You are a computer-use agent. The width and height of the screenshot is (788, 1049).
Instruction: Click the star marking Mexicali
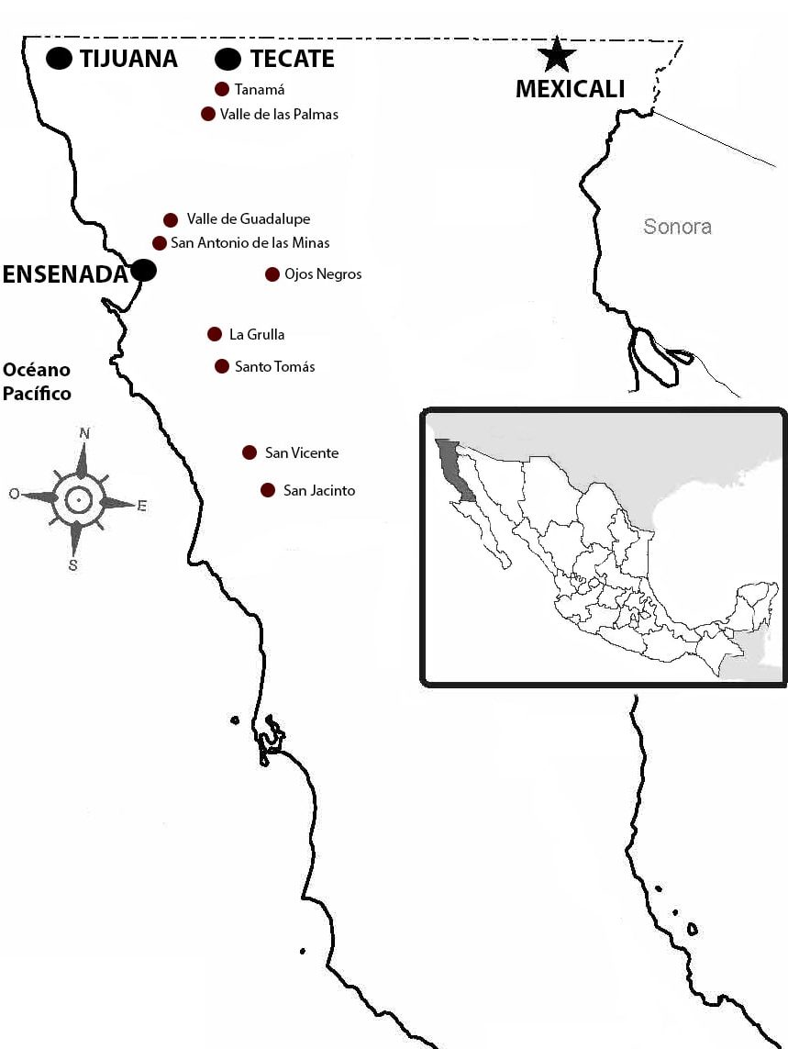[x=556, y=55]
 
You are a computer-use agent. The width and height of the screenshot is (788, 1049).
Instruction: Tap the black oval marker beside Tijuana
[x=60, y=59]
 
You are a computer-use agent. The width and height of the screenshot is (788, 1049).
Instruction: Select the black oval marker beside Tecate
[x=228, y=60]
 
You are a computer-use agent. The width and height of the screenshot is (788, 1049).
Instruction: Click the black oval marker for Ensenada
[x=143, y=270]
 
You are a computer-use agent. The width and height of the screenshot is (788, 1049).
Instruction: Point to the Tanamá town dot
[x=221, y=89]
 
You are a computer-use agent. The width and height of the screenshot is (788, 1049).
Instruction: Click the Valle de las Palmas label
[x=279, y=115]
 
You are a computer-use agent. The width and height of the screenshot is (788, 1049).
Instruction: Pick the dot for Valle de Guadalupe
[x=171, y=219]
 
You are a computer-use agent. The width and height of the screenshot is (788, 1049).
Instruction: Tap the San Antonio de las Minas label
[x=250, y=243]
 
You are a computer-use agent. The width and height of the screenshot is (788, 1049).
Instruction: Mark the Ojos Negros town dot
[x=272, y=274]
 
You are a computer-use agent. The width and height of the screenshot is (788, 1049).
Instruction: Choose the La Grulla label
[x=257, y=335]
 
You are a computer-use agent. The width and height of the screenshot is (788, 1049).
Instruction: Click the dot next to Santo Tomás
[x=221, y=366]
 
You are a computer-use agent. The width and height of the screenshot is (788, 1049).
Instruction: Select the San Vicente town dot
[x=250, y=452]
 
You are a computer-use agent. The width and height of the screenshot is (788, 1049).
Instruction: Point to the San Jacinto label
[x=319, y=491]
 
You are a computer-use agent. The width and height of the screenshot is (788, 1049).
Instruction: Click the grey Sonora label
[x=677, y=227]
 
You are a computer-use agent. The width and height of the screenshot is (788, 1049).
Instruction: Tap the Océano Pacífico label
[x=37, y=382]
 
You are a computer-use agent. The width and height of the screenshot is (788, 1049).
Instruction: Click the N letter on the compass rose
[x=84, y=433]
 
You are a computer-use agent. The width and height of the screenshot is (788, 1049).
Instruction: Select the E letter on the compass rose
[x=141, y=506]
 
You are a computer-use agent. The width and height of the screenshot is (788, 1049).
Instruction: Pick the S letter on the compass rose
[x=72, y=565]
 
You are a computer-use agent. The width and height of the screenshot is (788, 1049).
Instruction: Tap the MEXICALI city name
[x=570, y=89]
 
